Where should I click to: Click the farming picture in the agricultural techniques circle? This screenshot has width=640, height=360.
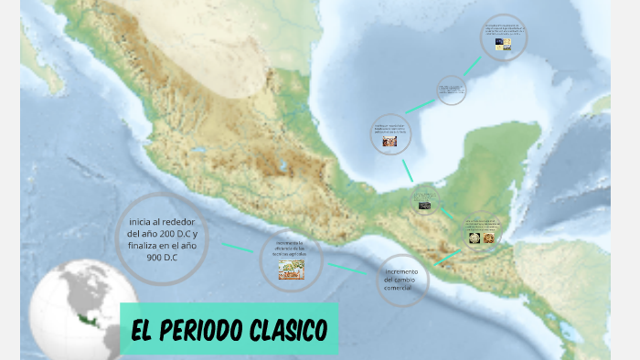point(292,268)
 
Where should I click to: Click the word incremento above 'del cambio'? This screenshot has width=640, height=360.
point(401,272)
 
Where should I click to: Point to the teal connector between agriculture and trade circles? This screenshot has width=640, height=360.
point(350,269)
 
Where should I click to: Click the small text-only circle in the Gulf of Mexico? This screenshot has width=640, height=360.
point(451,90)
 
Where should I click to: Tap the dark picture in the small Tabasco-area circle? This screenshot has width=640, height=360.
point(425,206)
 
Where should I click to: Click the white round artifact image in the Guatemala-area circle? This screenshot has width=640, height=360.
point(475,238)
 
